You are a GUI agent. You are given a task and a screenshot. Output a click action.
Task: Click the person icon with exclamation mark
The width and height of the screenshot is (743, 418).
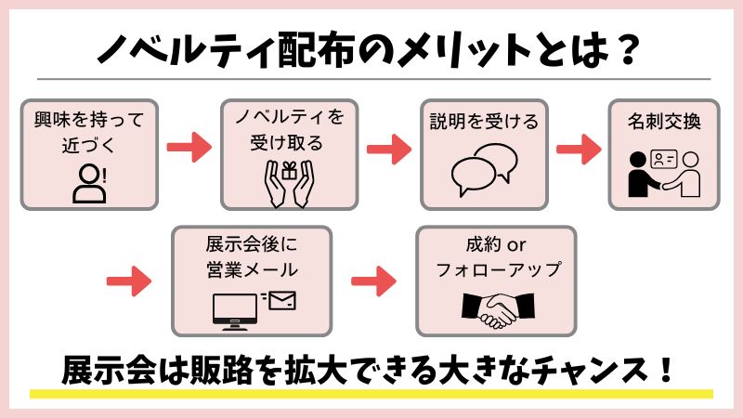click(89, 184)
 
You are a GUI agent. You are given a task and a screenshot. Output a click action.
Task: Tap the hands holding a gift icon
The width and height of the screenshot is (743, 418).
click(289, 184)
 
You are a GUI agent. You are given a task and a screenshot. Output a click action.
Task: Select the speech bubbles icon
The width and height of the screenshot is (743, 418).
click(484, 170)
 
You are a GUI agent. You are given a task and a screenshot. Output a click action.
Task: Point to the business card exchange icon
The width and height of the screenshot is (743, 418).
click(664, 174)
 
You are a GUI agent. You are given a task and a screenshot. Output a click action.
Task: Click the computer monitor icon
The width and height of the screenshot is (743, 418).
click(235, 312)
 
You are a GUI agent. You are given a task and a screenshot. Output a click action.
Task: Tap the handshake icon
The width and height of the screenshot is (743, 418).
click(498, 310)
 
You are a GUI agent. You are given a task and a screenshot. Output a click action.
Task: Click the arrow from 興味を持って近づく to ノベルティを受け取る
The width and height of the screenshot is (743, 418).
click(189, 148)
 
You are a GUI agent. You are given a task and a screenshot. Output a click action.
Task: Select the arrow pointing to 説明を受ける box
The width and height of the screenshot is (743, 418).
click(389, 149)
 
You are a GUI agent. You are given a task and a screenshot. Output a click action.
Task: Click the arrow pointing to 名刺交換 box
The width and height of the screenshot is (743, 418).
click(579, 149)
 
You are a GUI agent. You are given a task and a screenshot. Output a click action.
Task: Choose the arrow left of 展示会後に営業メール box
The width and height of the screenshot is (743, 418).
click(129, 281)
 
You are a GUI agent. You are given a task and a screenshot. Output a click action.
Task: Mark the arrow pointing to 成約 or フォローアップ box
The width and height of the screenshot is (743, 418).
click(373, 281)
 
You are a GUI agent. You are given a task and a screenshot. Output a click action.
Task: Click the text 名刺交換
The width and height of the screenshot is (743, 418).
click(664, 122)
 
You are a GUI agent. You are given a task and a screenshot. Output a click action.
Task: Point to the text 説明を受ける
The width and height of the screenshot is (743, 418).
click(484, 122)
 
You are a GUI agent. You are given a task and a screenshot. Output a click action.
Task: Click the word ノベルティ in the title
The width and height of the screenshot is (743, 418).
click(187, 49)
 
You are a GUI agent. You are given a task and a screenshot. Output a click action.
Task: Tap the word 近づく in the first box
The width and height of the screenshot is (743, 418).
click(88, 145)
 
